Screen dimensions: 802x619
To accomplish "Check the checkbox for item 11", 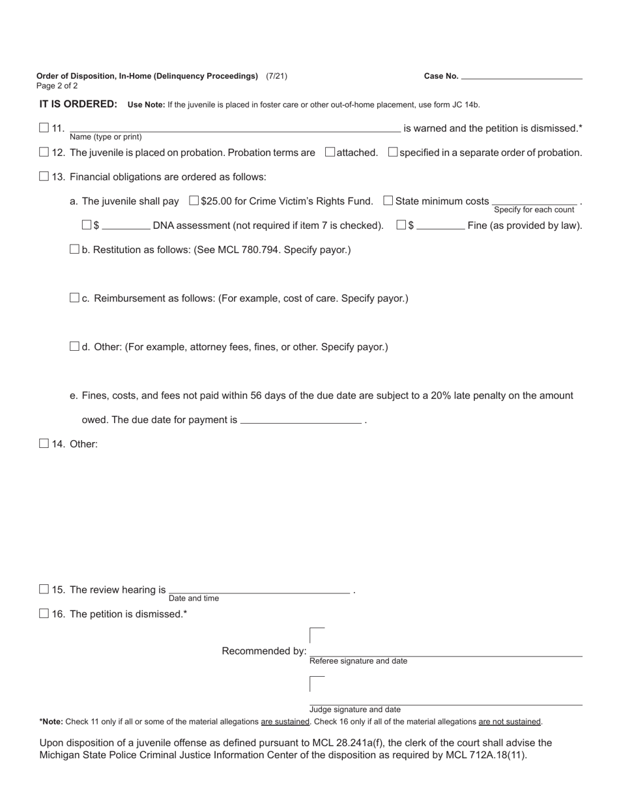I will pyautogui.click(x=44, y=128).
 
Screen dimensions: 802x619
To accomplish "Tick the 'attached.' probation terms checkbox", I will pyautogui.click(x=330, y=152).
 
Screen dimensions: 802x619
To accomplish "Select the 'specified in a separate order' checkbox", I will pyautogui.click(x=393, y=152).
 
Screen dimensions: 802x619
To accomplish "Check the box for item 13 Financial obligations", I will pyautogui.click(x=44, y=176).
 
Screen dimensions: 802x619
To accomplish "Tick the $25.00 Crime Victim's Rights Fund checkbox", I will pyautogui.click(x=194, y=200).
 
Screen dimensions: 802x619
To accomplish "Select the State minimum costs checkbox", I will pyautogui.click(x=388, y=200).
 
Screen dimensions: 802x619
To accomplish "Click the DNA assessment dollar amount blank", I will pyautogui.click(x=126, y=225).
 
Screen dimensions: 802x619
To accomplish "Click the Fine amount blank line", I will pyautogui.click(x=440, y=225).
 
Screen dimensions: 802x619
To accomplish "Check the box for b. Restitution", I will pyautogui.click(x=74, y=248).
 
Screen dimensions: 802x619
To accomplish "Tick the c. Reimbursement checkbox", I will pyautogui.click(x=74, y=297).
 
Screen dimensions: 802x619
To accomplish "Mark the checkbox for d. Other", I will pyautogui.click(x=74, y=346).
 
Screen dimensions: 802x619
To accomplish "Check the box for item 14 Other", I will pyautogui.click(x=44, y=443).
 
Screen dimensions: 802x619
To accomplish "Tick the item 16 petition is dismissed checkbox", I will pyautogui.click(x=44, y=613).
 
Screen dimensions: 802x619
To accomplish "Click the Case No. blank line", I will pyautogui.click(x=521, y=76).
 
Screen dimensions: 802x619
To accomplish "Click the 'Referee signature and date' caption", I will pyautogui.click(x=358, y=661).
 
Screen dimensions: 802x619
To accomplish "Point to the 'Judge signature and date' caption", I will pyautogui.click(x=355, y=709).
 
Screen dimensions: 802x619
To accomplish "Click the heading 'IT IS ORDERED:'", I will pyautogui.click(x=78, y=104).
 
